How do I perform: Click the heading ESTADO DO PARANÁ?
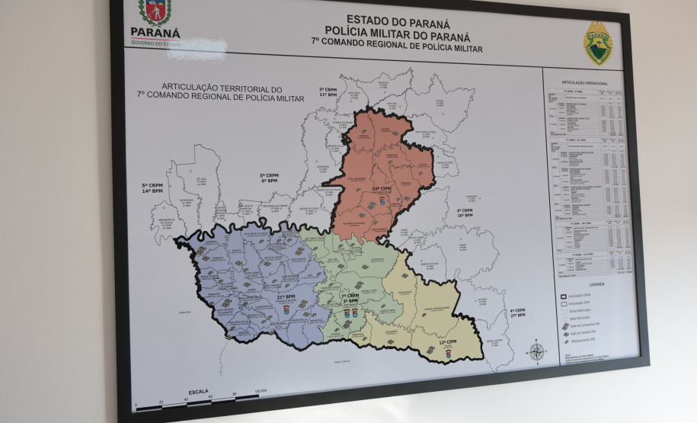(x=398, y=20)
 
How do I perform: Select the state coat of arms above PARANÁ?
(x=155, y=11)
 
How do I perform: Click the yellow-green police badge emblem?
(x=597, y=43)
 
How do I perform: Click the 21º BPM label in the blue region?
(x=286, y=297)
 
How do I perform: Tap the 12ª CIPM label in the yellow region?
(x=448, y=344)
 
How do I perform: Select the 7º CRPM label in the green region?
(x=350, y=296)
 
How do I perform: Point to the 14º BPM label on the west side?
(x=152, y=191)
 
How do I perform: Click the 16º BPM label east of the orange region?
(x=464, y=216)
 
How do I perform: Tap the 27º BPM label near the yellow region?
(x=518, y=315)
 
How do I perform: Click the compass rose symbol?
(x=537, y=352)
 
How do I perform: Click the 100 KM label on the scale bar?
(x=261, y=392)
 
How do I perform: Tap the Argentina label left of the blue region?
(x=183, y=312)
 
